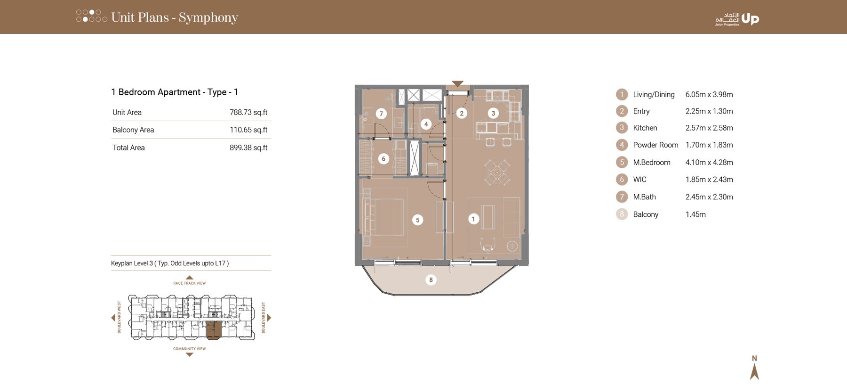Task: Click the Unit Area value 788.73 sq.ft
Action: click(248, 112)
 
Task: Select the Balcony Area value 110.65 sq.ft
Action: click(248, 130)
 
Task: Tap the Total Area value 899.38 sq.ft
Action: click(248, 148)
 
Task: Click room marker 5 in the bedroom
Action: click(417, 220)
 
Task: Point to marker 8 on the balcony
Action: click(431, 280)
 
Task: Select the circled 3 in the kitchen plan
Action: click(493, 113)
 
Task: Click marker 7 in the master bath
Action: click(381, 114)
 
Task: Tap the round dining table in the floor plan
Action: click(497, 172)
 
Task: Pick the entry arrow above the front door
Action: click(457, 84)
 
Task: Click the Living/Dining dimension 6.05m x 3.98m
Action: click(709, 94)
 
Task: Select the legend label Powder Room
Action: click(655, 145)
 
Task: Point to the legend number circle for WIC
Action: click(622, 179)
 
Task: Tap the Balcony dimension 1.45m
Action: click(695, 214)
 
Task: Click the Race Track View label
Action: click(189, 283)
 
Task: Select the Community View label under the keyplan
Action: click(189, 349)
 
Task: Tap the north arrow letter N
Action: click(754, 358)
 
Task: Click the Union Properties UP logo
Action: click(750, 19)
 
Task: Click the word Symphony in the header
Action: click(208, 17)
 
